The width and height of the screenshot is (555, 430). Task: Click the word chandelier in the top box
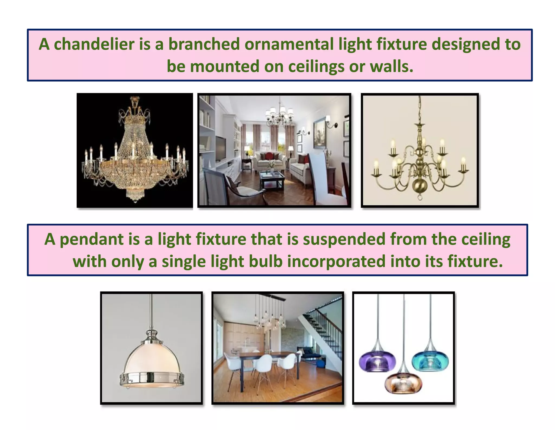tap(94, 44)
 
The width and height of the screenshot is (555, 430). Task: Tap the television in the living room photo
tap(220, 148)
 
